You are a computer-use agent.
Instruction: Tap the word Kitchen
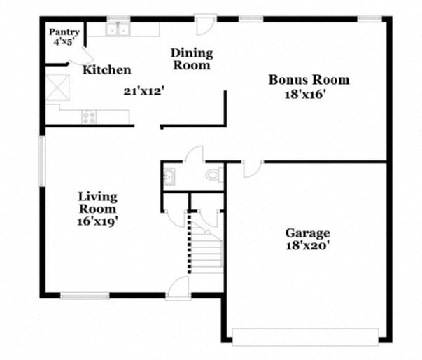click(106, 70)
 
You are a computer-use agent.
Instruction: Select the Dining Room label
click(192, 59)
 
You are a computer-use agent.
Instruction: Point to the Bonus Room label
click(309, 80)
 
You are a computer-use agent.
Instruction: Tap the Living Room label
click(97, 202)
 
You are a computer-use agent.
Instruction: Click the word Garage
click(307, 233)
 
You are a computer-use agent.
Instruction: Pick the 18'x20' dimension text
click(307, 246)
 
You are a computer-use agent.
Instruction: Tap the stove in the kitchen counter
click(89, 117)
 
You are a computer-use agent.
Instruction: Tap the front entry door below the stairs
click(179, 288)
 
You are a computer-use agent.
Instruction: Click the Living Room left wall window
click(42, 161)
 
